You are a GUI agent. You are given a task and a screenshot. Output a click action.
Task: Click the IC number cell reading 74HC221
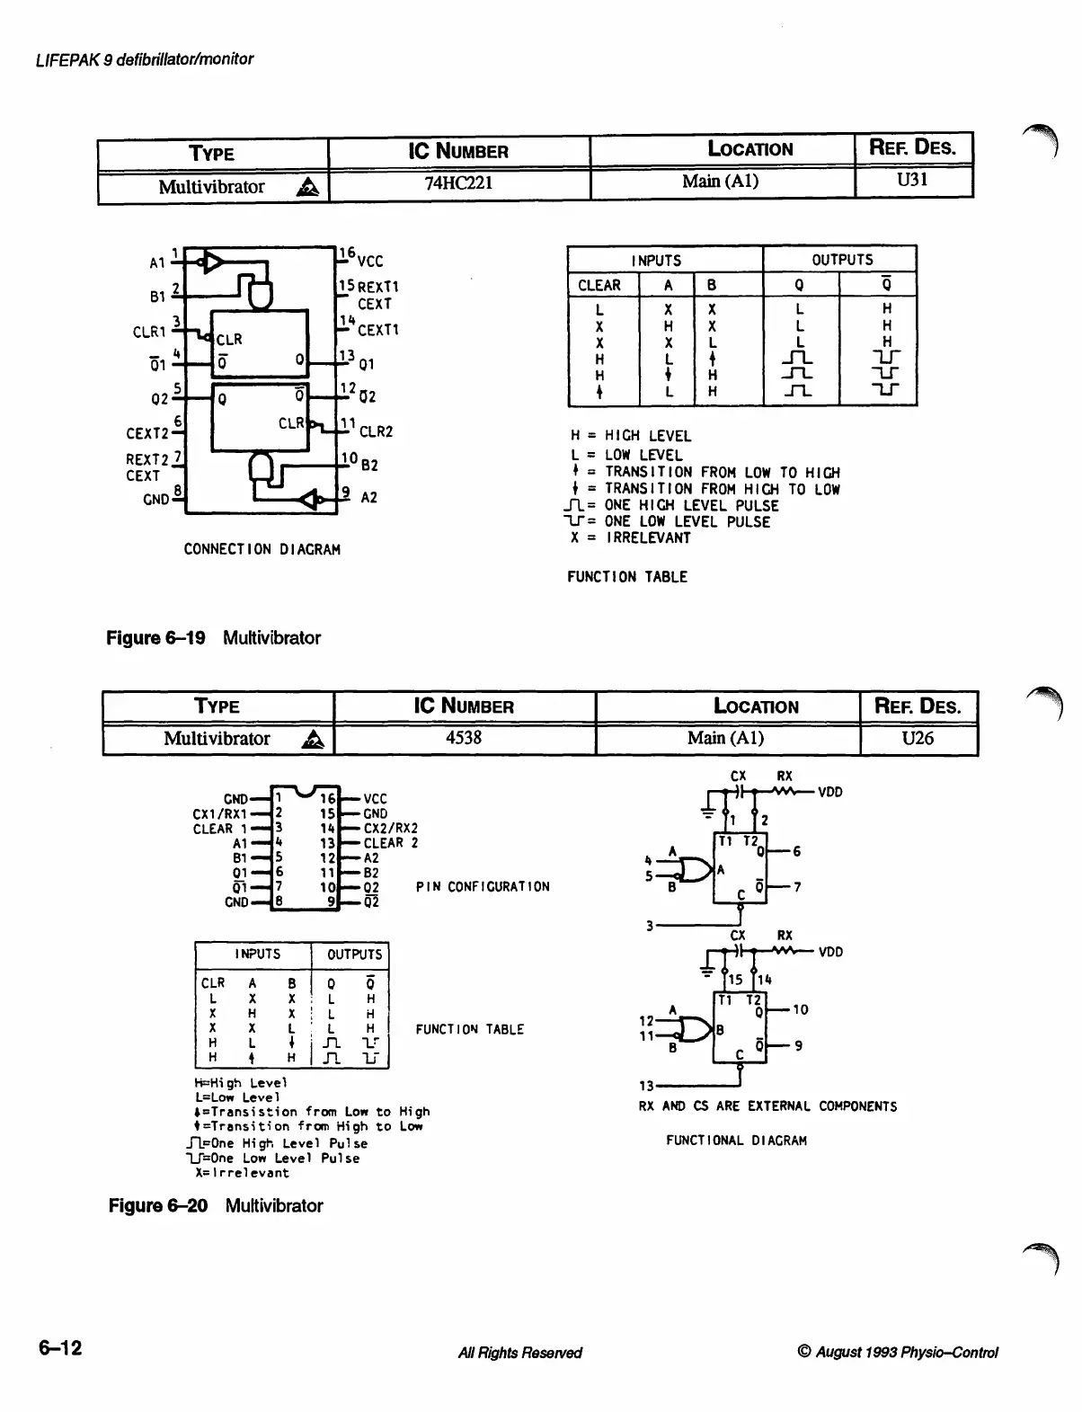pos(458,183)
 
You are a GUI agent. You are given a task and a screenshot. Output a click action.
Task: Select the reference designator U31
pos(912,180)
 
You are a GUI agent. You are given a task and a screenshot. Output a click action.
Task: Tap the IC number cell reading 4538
pos(464,738)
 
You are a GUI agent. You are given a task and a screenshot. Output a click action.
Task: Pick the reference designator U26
pos(918,738)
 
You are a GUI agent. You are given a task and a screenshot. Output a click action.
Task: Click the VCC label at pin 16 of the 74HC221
pos(370,262)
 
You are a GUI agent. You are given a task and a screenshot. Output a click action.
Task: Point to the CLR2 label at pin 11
pos(377,431)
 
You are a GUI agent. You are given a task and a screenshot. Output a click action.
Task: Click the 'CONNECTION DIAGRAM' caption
pos(262,549)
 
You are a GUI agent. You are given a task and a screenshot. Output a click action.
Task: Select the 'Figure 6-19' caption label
pos(155,638)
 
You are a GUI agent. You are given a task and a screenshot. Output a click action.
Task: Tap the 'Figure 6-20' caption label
pos(157,1206)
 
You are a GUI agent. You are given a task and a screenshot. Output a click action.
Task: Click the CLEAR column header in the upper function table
pos(599,286)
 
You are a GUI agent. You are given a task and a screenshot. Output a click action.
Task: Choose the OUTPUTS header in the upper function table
pos(842,260)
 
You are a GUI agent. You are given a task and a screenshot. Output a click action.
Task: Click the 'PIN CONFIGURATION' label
pos(483,887)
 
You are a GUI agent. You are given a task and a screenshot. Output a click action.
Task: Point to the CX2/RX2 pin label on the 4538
pos(391,829)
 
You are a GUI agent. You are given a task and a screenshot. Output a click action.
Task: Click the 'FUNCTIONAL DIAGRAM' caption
pos(736,1141)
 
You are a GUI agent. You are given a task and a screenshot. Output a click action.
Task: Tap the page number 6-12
pos(59,1348)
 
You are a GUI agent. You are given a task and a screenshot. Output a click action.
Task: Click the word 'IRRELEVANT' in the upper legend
pos(648,538)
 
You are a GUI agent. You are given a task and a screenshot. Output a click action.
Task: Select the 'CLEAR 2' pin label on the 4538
pos(391,843)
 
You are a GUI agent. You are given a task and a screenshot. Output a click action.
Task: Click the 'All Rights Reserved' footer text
pos(519,1353)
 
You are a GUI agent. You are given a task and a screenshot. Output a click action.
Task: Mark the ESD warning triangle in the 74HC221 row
pos(308,187)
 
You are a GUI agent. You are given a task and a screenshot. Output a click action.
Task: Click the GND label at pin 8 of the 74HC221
pos(155,499)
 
